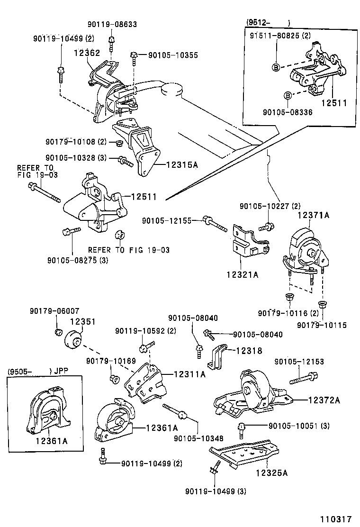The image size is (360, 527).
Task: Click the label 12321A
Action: [x=243, y=274]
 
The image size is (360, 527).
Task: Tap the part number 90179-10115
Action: [x=322, y=325]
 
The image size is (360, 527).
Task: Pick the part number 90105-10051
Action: [x=291, y=426]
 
